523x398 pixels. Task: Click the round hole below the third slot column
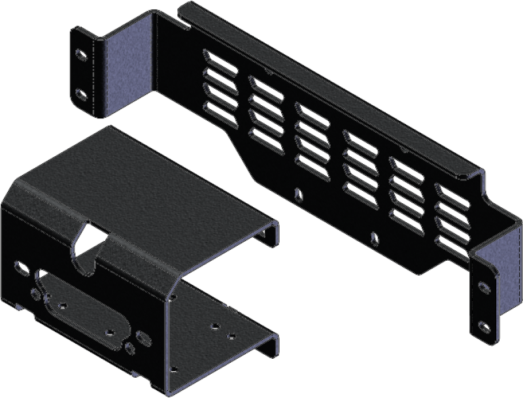tap(299, 193)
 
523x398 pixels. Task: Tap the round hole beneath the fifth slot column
tap(373, 238)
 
